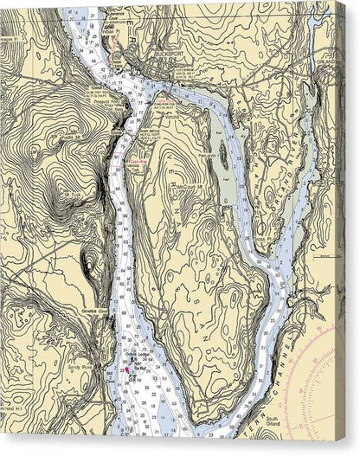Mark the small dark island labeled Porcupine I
point(222,156)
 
